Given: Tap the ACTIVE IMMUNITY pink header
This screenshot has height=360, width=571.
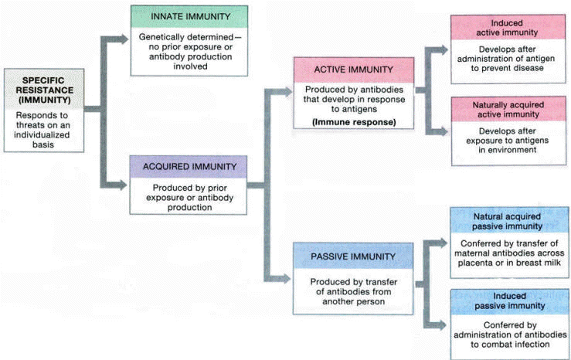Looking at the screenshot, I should (x=350, y=70).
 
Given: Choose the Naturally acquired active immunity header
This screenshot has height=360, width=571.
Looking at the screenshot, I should (x=506, y=108).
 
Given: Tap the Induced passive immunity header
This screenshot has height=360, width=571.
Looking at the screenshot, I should (x=507, y=301).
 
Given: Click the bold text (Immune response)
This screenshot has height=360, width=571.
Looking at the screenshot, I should (x=349, y=122).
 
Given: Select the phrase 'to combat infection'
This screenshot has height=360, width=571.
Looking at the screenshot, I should (x=507, y=345).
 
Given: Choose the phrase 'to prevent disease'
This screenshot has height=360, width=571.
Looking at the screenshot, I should (x=507, y=67).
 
